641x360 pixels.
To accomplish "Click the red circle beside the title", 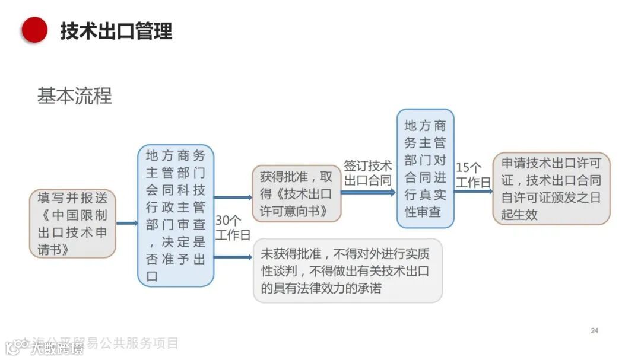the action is (x=34, y=30).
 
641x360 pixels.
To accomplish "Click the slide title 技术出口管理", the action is (x=116, y=30).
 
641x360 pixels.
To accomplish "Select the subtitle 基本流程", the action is (x=74, y=96).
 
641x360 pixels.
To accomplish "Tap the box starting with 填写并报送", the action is (x=72, y=224).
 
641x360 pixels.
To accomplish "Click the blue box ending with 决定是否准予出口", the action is (x=176, y=215).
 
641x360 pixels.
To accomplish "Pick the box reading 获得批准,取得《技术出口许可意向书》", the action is (x=297, y=193).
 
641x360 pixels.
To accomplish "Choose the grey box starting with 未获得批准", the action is (x=348, y=270).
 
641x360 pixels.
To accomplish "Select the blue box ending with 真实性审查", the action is (x=425, y=168).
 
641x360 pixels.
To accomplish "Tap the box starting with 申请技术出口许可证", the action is (x=551, y=189).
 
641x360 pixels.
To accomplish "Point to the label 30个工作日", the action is (x=233, y=228).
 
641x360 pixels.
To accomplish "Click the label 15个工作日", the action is (x=472, y=174).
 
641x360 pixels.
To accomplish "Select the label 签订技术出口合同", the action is (x=368, y=173).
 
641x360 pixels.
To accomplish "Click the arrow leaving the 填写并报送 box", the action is (x=126, y=224).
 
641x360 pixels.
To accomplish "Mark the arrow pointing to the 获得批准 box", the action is (x=233, y=197).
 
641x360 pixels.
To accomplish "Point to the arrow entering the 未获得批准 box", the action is (x=233, y=257).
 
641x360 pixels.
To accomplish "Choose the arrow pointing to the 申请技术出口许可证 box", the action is (x=473, y=190).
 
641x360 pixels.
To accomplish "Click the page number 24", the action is (x=594, y=330).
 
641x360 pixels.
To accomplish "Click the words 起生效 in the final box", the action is (x=519, y=214).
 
